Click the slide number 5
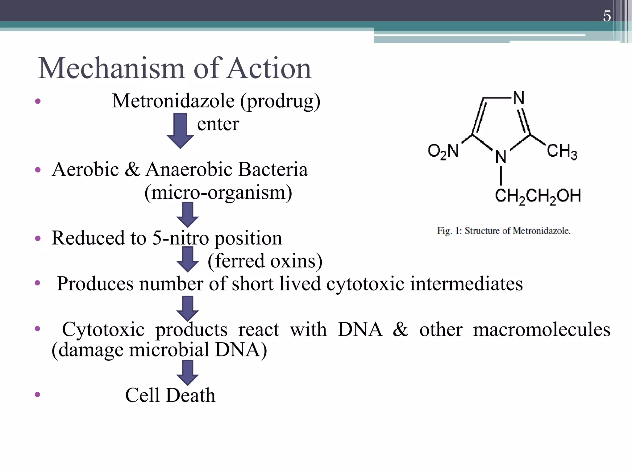pos(607,16)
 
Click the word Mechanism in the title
pos(111,69)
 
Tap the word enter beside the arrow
pos(218,124)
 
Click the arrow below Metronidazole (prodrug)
pos(180,130)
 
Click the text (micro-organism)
pos(218,192)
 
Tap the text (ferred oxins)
pos(265,261)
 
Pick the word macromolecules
pos(542,329)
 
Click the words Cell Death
pos(170,395)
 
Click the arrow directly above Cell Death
pos(187,373)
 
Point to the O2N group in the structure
pos(443,152)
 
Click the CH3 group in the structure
pos(562,152)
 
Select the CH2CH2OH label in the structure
pos(538,196)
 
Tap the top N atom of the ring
pos(519,98)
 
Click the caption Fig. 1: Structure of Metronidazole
pos(504,231)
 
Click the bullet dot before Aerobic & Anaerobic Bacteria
pos(38,170)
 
